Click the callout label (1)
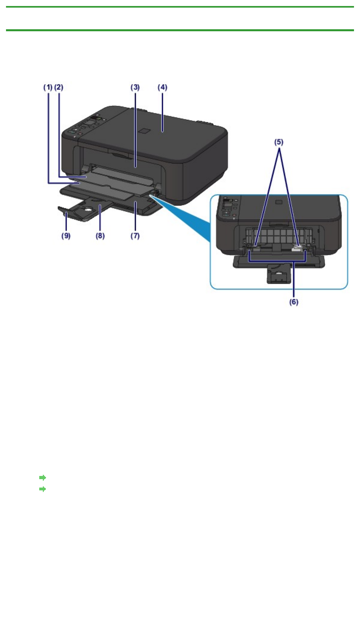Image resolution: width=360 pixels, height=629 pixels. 48,87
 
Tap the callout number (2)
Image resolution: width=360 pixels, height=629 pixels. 59,87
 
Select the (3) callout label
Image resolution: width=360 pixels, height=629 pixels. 135,87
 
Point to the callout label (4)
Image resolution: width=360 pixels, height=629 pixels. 162,87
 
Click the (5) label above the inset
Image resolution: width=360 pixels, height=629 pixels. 279,142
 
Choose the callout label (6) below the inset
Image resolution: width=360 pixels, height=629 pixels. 294,302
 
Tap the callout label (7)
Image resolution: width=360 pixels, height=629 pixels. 135,236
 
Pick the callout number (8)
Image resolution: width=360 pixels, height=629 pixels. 100,236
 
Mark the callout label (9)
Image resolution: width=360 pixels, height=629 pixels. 66,236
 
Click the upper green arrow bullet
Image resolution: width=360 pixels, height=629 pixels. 42,478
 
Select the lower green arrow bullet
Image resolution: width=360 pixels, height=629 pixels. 42,489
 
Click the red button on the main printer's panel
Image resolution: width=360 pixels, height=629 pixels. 80,134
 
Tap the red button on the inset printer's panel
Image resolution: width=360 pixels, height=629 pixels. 234,216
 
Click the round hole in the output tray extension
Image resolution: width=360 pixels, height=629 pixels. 88,208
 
